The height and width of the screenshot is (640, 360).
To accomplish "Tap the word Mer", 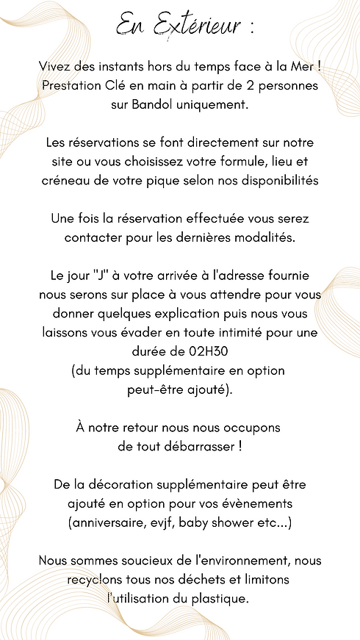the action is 303,67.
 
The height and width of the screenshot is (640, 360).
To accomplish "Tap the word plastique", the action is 217,599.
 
